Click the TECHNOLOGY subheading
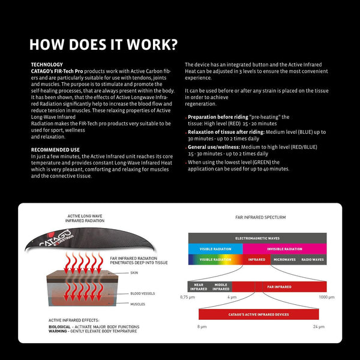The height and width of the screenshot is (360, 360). click(x=46, y=64)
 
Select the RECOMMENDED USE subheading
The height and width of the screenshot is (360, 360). click(x=55, y=150)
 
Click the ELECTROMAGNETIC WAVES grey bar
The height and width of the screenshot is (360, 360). click(x=257, y=238)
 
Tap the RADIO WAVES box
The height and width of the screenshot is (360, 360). click(x=311, y=260)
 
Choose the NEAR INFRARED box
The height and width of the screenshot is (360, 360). click(x=199, y=287)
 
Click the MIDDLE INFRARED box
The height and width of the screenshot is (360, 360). click(x=220, y=287)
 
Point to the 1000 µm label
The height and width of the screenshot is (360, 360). click(x=326, y=297)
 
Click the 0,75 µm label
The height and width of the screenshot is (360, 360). click(x=188, y=297)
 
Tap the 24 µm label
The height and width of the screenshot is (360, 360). click(x=318, y=326)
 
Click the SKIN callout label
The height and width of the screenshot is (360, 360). click(x=133, y=272)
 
